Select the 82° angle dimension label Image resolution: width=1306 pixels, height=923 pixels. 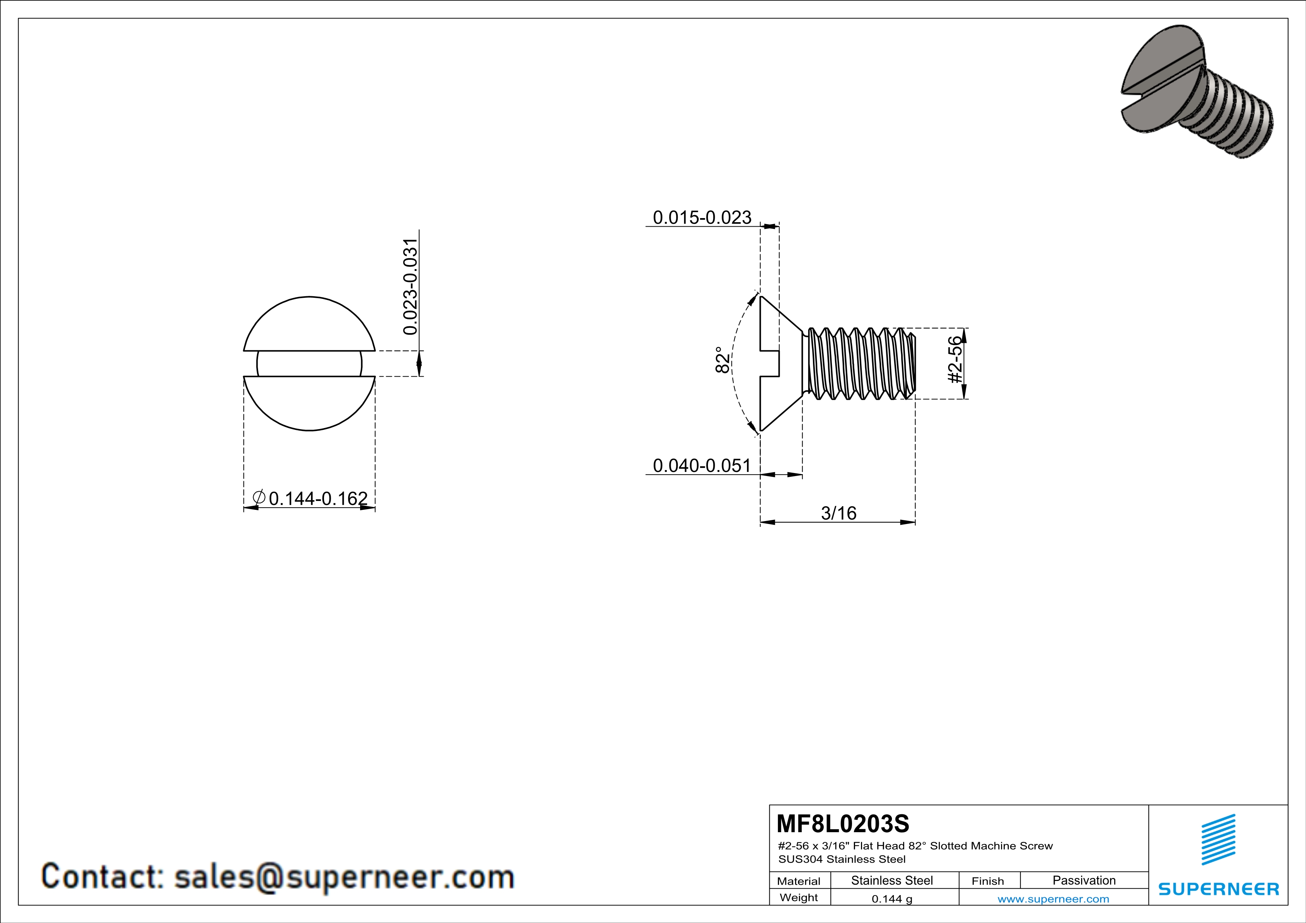(x=722, y=360)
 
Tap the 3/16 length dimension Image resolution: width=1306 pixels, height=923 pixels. (x=838, y=513)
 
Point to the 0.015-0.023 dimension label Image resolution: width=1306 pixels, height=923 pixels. (x=702, y=218)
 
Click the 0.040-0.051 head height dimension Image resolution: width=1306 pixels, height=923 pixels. (x=702, y=466)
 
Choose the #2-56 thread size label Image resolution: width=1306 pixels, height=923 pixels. (x=956, y=360)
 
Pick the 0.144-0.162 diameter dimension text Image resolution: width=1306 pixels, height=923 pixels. (x=318, y=498)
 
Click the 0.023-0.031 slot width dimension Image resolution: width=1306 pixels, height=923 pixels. (x=410, y=287)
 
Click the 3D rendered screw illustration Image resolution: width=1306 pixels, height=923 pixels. (x=1195, y=91)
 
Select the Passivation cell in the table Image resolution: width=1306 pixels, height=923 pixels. (x=1084, y=880)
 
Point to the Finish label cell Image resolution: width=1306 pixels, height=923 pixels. (x=988, y=881)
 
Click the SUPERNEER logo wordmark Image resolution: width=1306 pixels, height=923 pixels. (x=1218, y=889)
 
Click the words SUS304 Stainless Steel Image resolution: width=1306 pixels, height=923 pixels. (x=842, y=859)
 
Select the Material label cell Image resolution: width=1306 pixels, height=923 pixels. (x=799, y=881)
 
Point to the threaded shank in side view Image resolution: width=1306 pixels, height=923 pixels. (x=859, y=364)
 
